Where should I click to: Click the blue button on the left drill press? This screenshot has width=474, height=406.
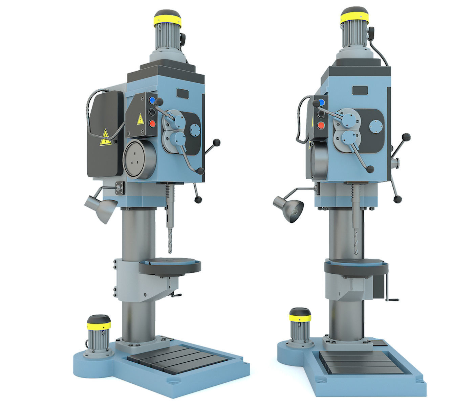click(x=152, y=100)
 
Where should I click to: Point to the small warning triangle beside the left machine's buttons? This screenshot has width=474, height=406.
click(x=139, y=119)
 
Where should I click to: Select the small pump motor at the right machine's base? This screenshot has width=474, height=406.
click(x=299, y=324)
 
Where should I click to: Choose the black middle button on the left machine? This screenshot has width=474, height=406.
click(x=152, y=112)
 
